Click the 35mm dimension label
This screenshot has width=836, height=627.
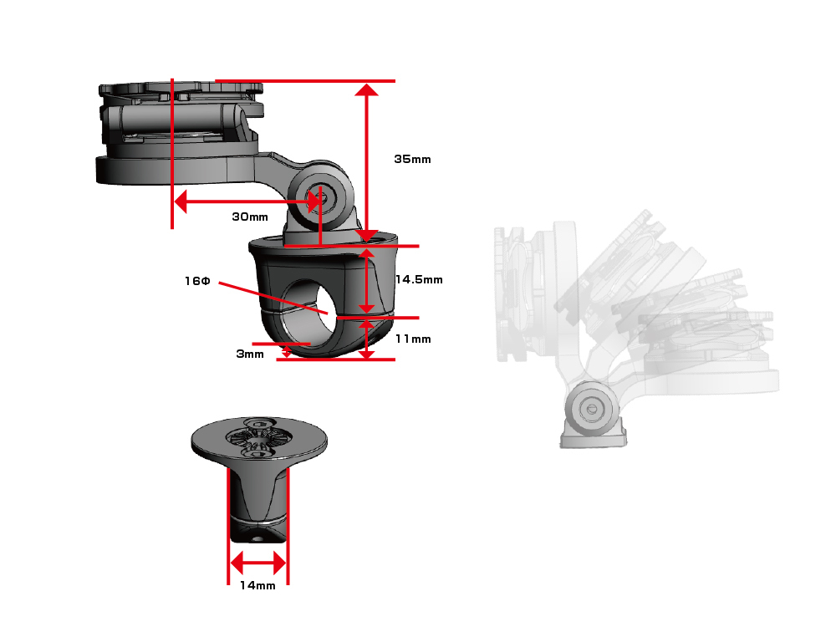tap(412, 159)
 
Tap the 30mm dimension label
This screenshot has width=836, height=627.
tap(249, 217)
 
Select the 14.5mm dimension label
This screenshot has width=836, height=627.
tap(419, 279)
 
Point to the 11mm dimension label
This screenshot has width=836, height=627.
tap(413, 339)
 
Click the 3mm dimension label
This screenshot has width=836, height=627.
tap(249, 354)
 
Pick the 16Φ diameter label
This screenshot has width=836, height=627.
tap(197, 280)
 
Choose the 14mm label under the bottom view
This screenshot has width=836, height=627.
tap(257, 585)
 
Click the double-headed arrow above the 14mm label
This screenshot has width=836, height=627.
tap(258, 563)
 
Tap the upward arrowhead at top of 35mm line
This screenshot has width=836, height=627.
tap(366, 89)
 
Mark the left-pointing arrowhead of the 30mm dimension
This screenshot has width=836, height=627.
tap(181, 201)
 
